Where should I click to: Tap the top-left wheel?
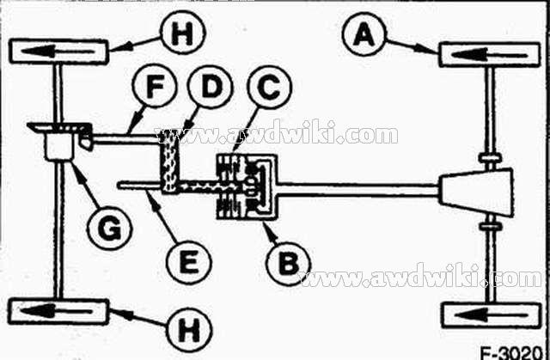tap(58, 51)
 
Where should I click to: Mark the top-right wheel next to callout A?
tap(486, 54)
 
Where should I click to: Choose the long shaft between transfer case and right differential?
tap(361, 186)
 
